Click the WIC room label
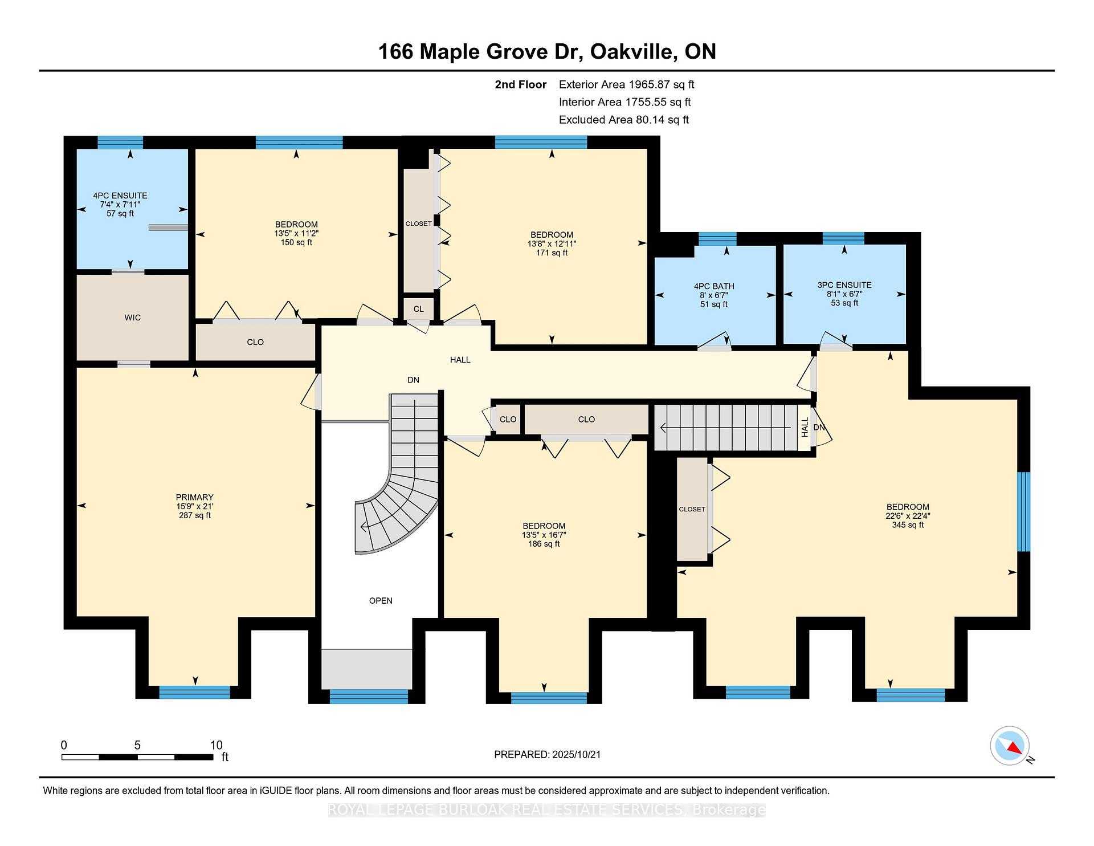click(x=132, y=318)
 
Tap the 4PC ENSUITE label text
click(x=120, y=196)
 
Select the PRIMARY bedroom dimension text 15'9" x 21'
click(x=195, y=506)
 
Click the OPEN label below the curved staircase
click(x=381, y=600)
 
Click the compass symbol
click(x=1010, y=746)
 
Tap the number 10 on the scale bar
click(x=216, y=745)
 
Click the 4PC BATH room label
click(x=714, y=286)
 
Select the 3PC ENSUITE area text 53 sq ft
click(x=844, y=303)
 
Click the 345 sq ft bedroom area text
click(x=908, y=525)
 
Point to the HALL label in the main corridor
click(x=460, y=360)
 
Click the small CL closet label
click(x=419, y=309)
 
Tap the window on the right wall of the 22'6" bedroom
click(x=1024, y=511)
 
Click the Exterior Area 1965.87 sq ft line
click(x=626, y=85)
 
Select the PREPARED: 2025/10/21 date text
click(x=547, y=754)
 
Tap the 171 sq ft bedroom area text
click(x=552, y=253)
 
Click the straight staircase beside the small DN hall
click(x=726, y=426)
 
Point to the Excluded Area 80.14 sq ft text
click(x=624, y=120)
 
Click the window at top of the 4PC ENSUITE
click(x=120, y=142)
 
